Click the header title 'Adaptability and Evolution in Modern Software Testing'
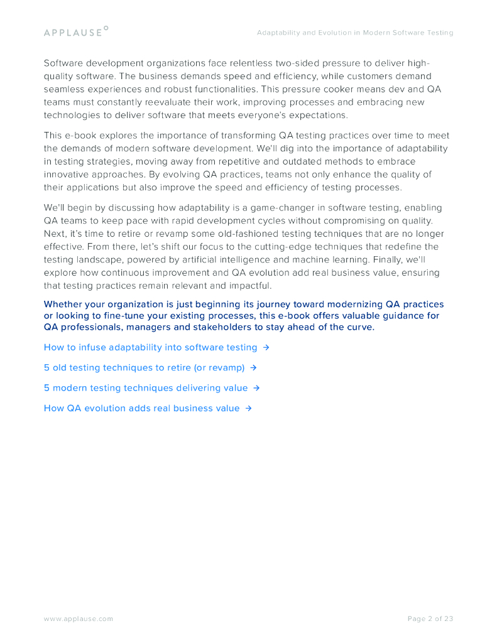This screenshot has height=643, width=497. point(354,33)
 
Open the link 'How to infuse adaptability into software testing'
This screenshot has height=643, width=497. point(150,347)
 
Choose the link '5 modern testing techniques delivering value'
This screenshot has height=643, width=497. point(146,388)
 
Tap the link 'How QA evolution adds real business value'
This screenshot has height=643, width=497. point(141,408)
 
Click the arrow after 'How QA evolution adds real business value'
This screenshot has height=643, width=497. point(249,408)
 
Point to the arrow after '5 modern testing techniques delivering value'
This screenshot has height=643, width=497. point(257,388)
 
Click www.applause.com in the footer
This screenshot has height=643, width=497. point(79,619)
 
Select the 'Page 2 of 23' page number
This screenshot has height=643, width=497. point(430,619)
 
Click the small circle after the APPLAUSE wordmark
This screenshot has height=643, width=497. point(106,28)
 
